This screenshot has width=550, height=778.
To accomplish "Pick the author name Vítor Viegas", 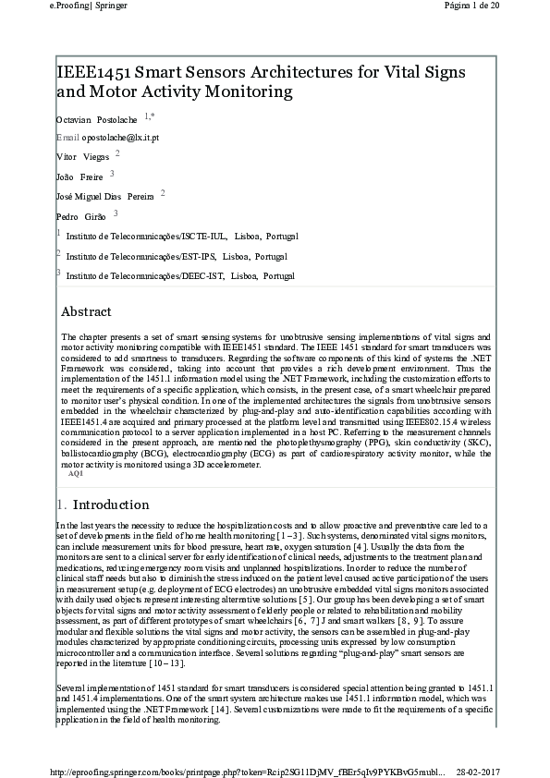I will click(x=82, y=158).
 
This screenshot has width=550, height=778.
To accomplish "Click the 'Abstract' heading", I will click(x=86, y=311).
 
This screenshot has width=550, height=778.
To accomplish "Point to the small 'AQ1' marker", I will click(x=76, y=472).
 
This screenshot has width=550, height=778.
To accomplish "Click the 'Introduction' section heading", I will click(x=110, y=504).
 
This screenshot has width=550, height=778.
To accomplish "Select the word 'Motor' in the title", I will click(x=118, y=91).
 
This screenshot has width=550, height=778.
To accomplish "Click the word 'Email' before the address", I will click(x=67, y=137).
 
